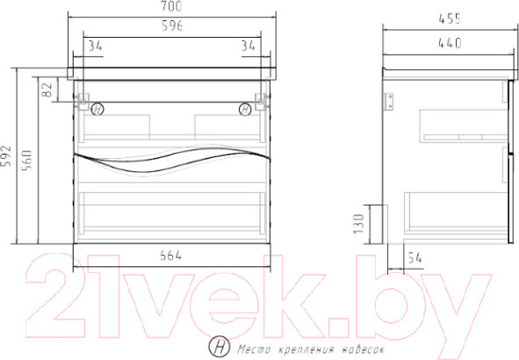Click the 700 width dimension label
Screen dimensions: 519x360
[171, 6]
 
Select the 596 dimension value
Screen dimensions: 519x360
[172, 25]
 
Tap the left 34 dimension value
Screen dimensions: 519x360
[96, 46]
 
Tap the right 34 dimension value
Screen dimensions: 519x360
[249, 46]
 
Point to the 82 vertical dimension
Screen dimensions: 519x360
[47, 90]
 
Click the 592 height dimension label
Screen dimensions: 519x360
[6, 155]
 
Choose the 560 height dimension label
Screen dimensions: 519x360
[26, 160]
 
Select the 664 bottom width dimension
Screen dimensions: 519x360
[170, 256]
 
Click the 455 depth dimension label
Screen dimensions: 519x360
[450, 18]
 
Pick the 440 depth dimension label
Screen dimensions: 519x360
[450, 43]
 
